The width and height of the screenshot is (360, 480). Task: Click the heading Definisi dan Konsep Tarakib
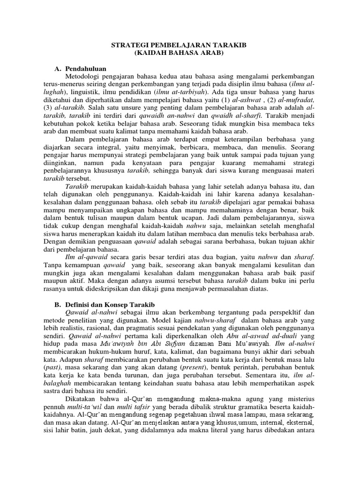click(x=109, y=305)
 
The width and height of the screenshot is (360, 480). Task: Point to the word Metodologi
click(x=86, y=76)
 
